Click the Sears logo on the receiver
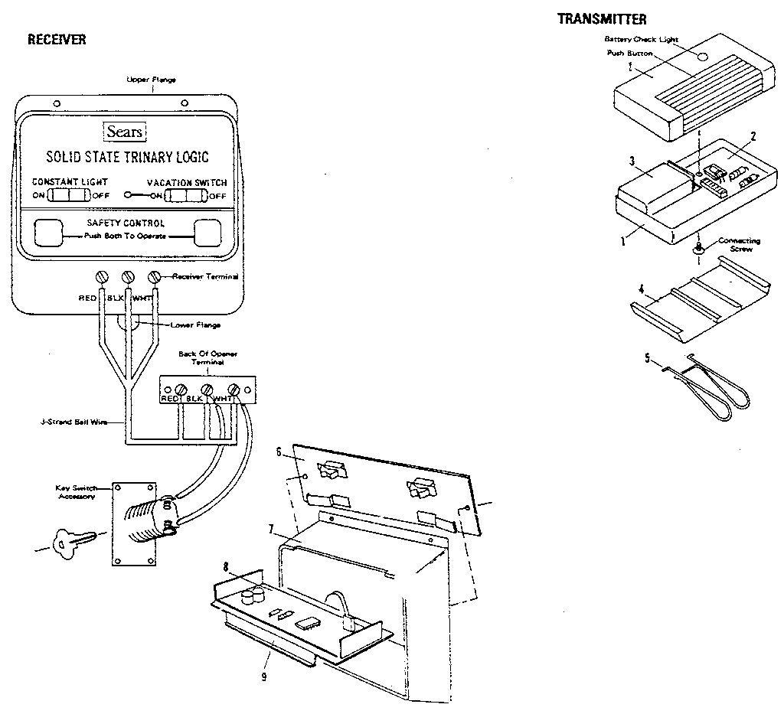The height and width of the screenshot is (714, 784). pyautogui.click(x=124, y=132)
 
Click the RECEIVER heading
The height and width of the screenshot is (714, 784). pyautogui.click(x=57, y=40)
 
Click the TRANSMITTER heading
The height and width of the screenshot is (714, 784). pyautogui.click(x=602, y=19)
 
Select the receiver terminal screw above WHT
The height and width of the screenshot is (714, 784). pyautogui.click(x=155, y=276)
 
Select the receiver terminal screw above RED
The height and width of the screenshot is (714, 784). pyautogui.click(x=100, y=276)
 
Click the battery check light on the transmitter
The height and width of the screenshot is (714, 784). pyautogui.click(x=703, y=55)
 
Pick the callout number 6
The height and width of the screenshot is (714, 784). pyautogui.click(x=280, y=452)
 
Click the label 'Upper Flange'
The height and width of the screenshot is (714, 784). pyautogui.click(x=151, y=80)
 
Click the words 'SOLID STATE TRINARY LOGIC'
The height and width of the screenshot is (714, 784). pyautogui.click(x=127, y=158)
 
